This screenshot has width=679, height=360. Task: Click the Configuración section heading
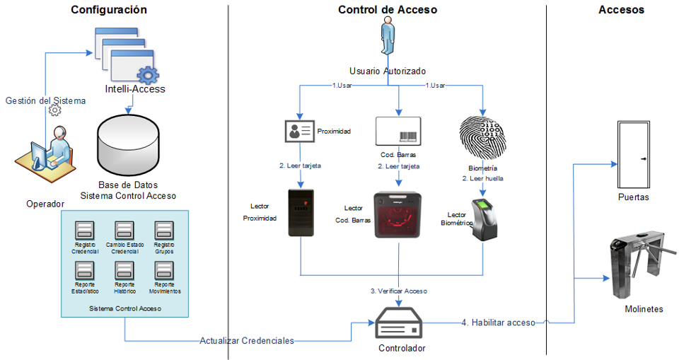[x=109, y=10]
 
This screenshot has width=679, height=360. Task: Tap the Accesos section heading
[x=620, y=10]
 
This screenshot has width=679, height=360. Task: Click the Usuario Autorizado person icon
[x=388, y=39]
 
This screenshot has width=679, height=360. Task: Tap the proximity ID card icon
[x=299, y=132]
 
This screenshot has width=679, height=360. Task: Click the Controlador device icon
[x=400, y=324]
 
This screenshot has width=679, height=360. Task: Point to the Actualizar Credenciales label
[x=246, y=340]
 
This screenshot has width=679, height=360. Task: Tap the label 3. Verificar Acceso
[x=398, y=291]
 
